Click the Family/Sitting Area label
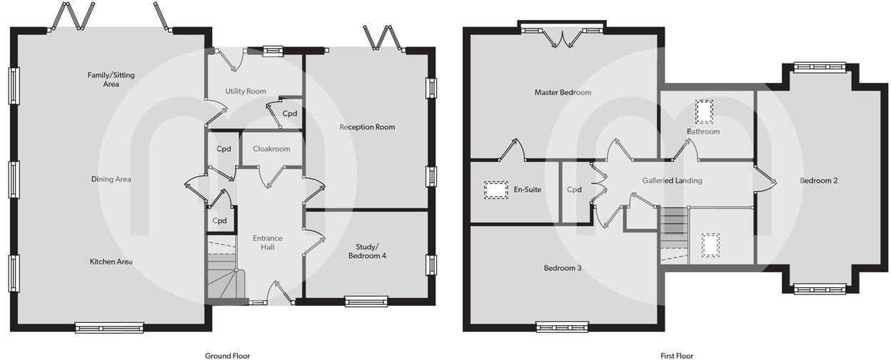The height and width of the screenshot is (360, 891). [x=111, y=79]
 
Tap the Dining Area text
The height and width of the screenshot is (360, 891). [x=111, y=179]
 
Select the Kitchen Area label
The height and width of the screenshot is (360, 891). [x=111, y=261]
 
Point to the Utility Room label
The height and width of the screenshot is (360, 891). [x=245, y=91]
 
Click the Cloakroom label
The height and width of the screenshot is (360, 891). [x=271, y=149]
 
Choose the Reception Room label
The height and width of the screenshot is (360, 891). [x=367, y=127]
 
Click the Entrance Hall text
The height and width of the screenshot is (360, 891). [x=268, y=242]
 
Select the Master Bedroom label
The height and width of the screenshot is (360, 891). [x=563, y=92]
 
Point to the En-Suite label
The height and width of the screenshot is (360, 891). [x=528, y=190]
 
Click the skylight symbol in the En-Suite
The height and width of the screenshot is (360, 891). [x=496, y=189]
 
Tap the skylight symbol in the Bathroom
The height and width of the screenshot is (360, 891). [x=704, y=112]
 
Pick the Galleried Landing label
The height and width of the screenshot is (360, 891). [x=672, y=181]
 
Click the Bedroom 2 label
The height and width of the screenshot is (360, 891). [x=818, y=181]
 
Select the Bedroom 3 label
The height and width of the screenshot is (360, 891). [x=563, y=268]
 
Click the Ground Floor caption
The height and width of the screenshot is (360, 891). [x=227, y=355]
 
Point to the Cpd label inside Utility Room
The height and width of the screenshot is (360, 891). [x=290, y=114]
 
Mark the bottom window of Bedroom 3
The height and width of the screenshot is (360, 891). [x=562, y=327]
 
